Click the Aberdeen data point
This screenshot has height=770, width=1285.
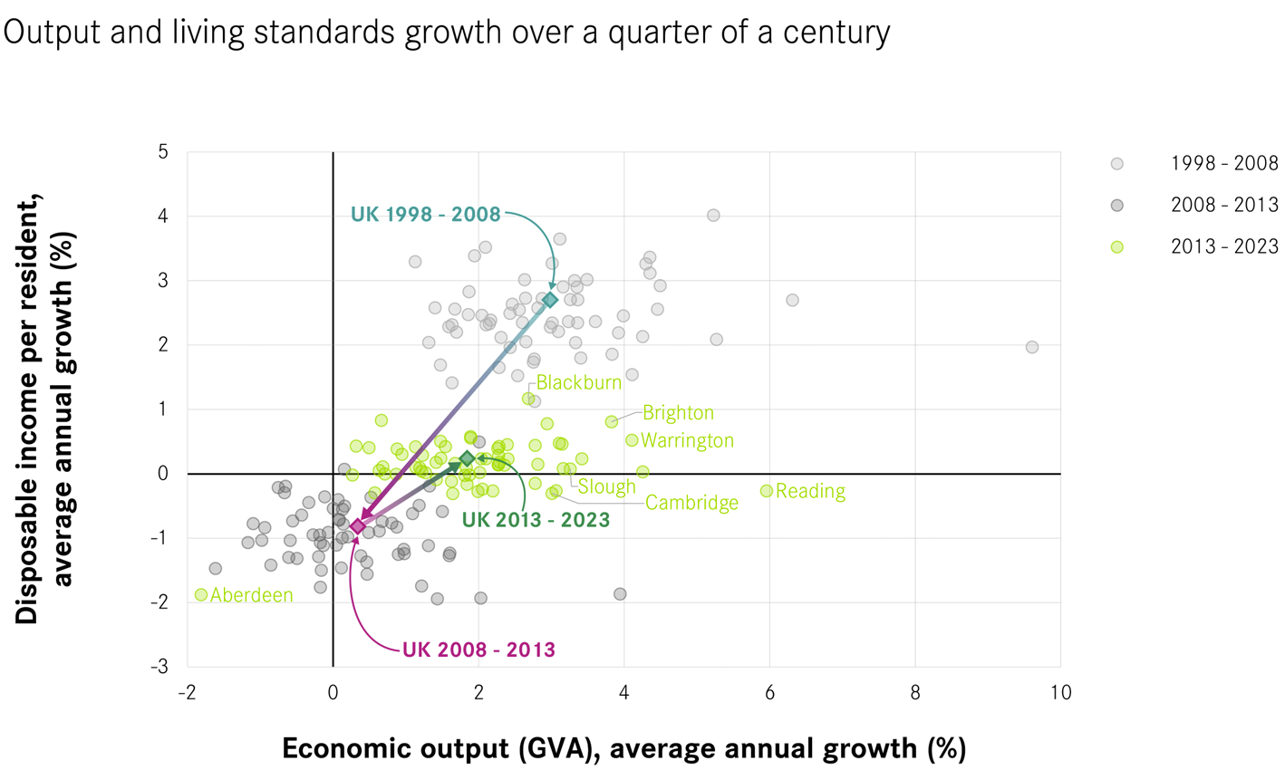tap(201, 595)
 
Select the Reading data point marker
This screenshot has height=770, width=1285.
tap(767, 490)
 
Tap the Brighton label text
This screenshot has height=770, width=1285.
tap(678, 413)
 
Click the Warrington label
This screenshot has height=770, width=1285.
tap(687, 441)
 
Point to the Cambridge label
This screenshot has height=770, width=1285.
tap(691, 503)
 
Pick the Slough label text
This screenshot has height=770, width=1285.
tap(607, 486)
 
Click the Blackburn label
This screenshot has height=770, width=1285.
tap(579, 382)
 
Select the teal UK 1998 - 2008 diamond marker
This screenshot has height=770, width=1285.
tap(550, 299)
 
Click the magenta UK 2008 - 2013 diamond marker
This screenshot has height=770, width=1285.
tap(358, 526)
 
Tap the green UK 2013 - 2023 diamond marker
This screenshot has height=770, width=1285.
tap(467, 459)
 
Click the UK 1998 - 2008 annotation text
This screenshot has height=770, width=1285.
tap(425, 215)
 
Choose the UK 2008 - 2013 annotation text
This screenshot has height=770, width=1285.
tap(478, 650)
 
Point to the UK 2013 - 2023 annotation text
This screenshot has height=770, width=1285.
tap(536, 521)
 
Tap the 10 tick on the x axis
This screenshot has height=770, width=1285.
tap(1060, 693)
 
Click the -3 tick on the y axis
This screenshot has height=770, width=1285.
tap(162, 667)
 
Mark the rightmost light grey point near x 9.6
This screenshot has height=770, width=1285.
tap(1031, 347)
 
